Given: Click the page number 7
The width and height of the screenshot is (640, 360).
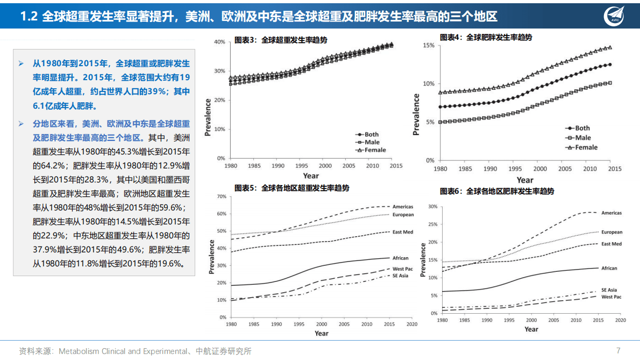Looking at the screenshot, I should [x=618, y=350].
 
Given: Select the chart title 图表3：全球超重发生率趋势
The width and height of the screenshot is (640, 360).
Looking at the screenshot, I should [x=281, y=40].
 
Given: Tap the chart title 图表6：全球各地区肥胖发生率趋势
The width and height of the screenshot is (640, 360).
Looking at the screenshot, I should [x=496, y=191].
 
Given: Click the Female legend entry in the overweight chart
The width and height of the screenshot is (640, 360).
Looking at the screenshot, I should [x=371, y=150].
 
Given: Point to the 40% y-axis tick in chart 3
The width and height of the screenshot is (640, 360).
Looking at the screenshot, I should [x=219, y=42].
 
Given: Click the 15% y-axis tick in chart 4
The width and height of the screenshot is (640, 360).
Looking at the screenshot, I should [x=428, y=45].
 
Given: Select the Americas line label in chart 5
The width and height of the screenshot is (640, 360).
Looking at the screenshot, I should [x=403, y=207].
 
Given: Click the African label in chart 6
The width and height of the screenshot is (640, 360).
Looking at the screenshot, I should [x=609, y=268].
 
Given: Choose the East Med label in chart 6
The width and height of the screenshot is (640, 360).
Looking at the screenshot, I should [x=611, y=244].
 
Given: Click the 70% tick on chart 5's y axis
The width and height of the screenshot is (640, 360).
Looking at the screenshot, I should [x=221, y=196].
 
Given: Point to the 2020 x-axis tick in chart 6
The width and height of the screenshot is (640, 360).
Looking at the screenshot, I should [x=620, y=320].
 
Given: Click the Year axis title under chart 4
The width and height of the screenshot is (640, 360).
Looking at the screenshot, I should [x=525, y=180].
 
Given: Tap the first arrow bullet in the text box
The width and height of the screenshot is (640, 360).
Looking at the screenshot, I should [x=21, y=63].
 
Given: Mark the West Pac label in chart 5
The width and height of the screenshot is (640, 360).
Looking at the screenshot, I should [x=402, y=269].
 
